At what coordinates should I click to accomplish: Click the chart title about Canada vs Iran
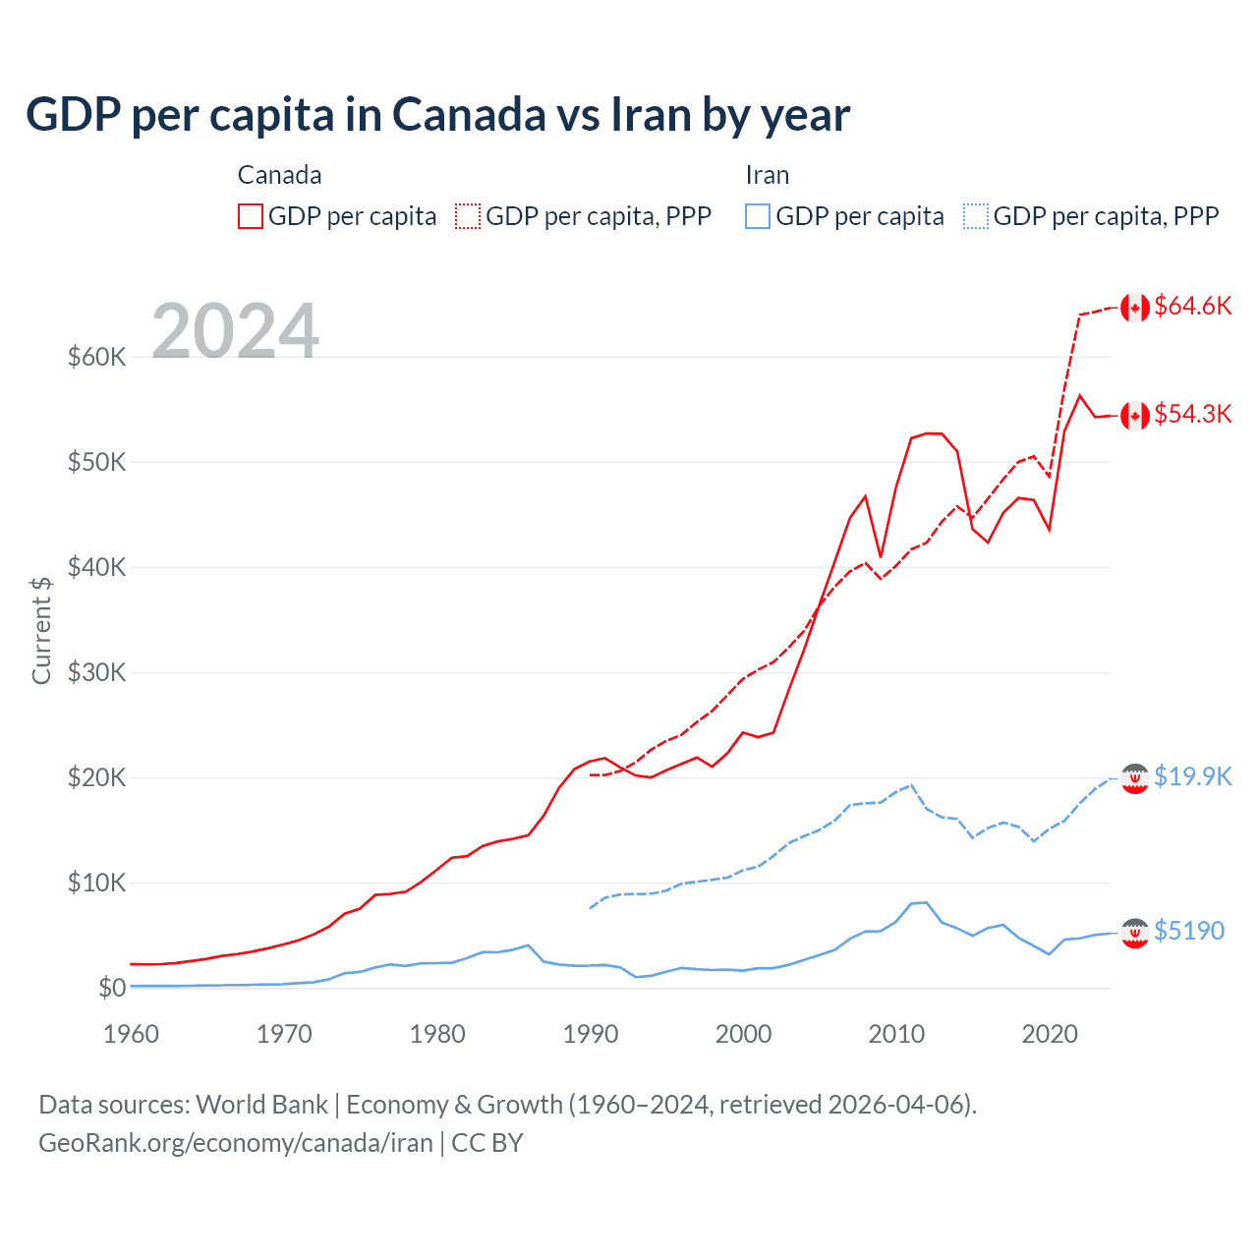(437, 115)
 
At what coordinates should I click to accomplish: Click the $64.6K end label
(1192, 306)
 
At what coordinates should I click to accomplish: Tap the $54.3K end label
(1192, 414)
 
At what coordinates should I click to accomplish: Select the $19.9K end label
(1192, 776)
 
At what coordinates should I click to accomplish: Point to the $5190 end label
(1188, 931)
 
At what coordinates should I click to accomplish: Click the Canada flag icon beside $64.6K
(1135, 308)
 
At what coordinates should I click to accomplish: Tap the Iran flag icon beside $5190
(1135, 933)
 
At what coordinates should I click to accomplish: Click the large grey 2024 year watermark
(236, 331)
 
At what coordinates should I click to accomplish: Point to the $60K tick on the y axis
(96, 357)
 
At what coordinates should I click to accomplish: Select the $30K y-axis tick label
(96, 672)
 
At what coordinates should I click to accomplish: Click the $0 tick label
(112, 988)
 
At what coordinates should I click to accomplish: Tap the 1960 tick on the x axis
(131, 1034)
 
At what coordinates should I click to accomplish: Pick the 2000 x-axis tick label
(744, 1034)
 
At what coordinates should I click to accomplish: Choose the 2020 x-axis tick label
(1050, 1034)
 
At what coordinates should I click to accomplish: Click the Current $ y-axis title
(41, 630)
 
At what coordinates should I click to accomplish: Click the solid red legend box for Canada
(251, 216)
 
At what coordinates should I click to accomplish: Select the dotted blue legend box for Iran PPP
(976, 216)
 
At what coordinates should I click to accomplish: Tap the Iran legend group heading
(767, 175)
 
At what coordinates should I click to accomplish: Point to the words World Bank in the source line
(261, 1105)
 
